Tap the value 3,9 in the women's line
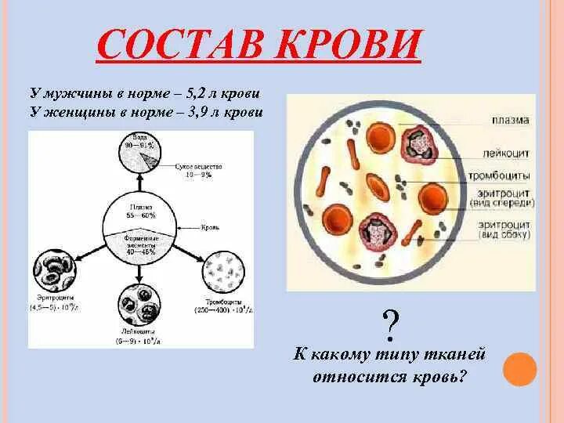tap(199, 112)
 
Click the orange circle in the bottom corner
tap(520, 369)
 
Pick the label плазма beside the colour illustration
tap(511, 120)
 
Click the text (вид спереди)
tap(502, 203)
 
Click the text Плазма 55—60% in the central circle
tap(142, 210)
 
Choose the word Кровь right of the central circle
tap(209, 227)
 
